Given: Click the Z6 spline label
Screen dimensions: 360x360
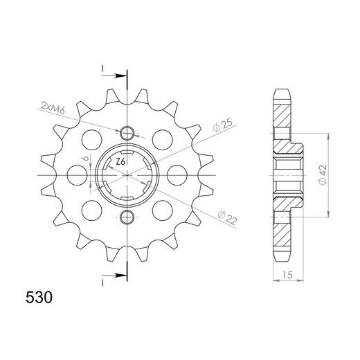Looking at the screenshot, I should pyautogui.click(x=120, y=161).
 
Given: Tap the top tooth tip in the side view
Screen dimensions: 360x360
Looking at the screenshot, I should pyautogui.click(x=283, y=91).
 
